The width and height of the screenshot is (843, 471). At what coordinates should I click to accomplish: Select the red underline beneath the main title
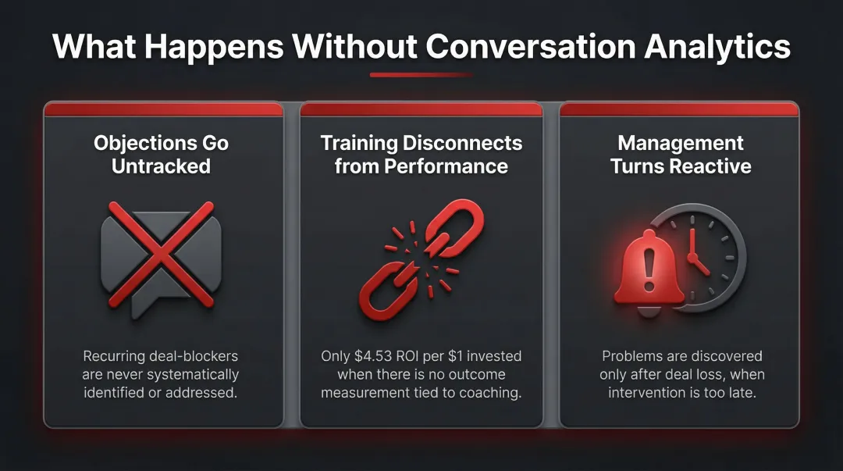(x=421, y=75)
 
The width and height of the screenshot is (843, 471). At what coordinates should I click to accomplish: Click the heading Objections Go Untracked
(x=162, y=154)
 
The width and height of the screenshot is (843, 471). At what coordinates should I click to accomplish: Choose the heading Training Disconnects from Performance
(x=421, y=154)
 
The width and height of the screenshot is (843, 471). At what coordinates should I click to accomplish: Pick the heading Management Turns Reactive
(x=681, y=154)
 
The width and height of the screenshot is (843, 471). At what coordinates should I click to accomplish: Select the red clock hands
(x=695, y=254)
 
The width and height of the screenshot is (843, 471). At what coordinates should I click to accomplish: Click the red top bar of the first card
(x=162, y=110)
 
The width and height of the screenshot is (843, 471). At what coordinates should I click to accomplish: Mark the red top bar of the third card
(x=680, y=110)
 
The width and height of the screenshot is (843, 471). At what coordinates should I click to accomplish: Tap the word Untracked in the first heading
(x=162, y=166)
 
